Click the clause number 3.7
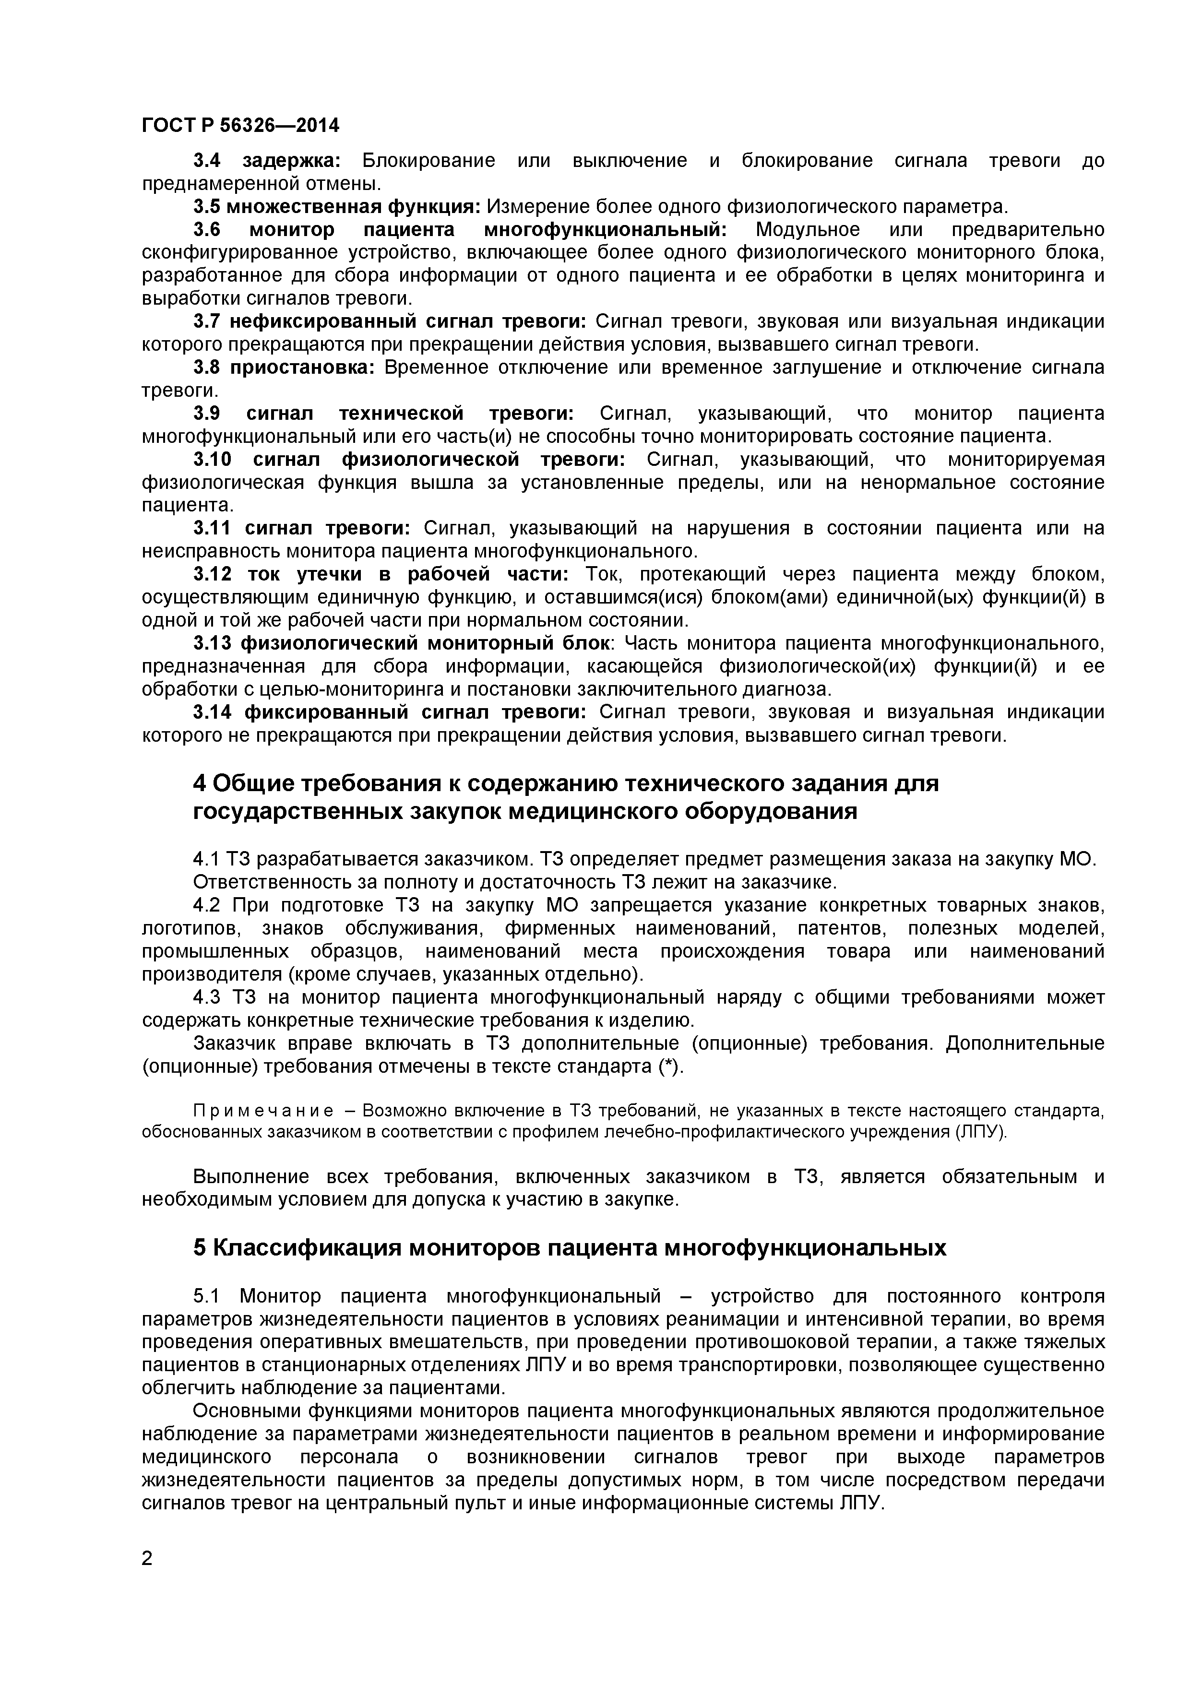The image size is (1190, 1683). tap(207, 322)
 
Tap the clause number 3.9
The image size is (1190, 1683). tap(207, 414)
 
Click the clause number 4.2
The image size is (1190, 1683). tap(207, 905)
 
